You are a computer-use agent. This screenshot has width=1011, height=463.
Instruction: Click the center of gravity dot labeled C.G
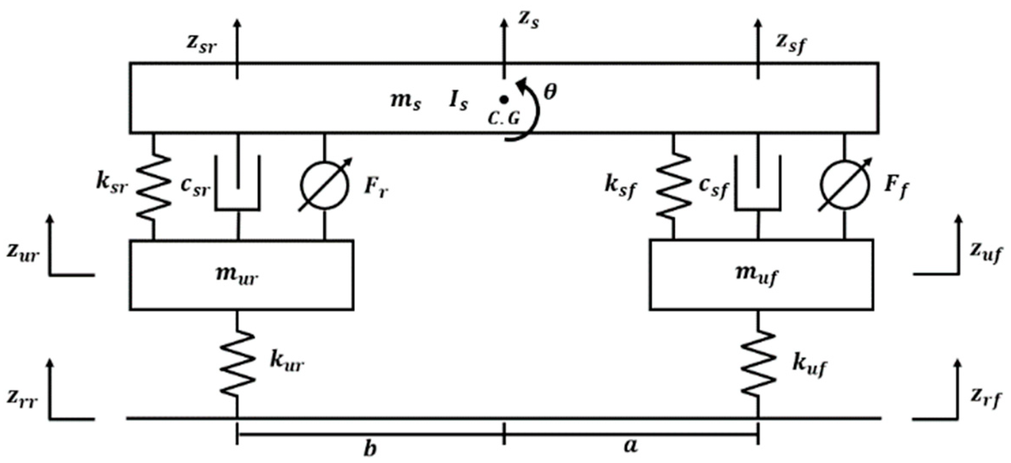[505, 99]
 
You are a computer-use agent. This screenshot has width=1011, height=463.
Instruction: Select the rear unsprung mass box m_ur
[241, 275]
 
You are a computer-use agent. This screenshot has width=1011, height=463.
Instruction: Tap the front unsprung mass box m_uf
[761, 275]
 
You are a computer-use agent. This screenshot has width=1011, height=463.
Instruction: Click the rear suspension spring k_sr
[153, 186]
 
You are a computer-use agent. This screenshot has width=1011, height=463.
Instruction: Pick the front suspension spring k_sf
[673, 186]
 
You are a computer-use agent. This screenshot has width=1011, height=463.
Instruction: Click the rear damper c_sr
[238, 184]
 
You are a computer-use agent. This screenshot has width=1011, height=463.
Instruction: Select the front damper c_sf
[758, 184]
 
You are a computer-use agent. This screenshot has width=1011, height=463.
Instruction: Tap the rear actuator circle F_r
[325, 185]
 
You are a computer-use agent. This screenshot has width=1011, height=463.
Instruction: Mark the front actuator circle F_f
[845, 185]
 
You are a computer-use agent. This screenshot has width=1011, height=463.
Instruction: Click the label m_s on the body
[405, 102]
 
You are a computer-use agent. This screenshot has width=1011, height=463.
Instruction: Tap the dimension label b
[370, 448]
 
